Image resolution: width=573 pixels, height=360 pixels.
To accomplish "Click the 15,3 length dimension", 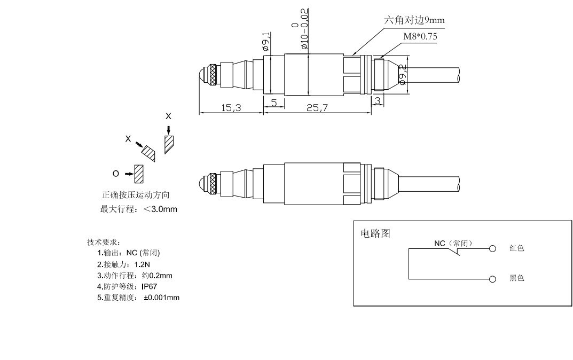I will click(231, 108).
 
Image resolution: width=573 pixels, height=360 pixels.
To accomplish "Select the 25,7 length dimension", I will click(318, 108).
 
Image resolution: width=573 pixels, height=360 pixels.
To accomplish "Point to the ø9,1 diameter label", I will click(266, 42).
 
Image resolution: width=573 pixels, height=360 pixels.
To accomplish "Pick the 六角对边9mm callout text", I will click(414, 20).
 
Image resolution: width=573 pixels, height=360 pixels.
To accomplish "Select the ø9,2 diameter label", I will click(403, 75).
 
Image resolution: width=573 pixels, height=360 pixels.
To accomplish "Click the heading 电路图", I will click(376, 233).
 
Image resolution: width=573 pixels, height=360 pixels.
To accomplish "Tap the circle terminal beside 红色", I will click(493, 248).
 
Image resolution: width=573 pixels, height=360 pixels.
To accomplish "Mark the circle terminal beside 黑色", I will click(493, 279).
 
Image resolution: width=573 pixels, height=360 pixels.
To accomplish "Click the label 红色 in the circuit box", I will click(517, 248).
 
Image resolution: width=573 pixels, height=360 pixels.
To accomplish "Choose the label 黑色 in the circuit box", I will click(517, 278).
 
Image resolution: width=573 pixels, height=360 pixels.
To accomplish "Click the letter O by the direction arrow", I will click(115, 174).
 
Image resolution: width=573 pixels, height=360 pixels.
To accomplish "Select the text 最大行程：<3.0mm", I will click(139, 209).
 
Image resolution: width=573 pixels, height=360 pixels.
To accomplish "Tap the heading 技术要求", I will click(104, 242).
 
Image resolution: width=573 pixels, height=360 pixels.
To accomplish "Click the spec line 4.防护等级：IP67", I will click(127, 286).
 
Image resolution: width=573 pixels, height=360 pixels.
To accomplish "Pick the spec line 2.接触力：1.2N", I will click(123, 264).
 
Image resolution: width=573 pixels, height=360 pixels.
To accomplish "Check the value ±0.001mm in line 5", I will click(162, 298).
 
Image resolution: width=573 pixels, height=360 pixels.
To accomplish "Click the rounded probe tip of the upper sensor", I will click(202, 75).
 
